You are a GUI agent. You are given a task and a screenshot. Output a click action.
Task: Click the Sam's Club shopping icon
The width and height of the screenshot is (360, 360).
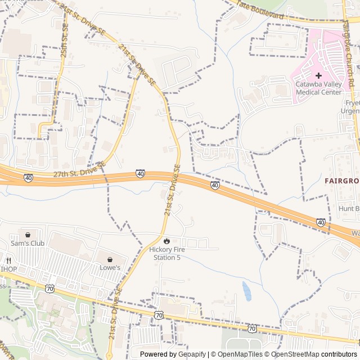click(x=27, y=234)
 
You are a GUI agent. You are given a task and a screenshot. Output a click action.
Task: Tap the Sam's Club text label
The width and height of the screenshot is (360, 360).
click(x=27, y=244)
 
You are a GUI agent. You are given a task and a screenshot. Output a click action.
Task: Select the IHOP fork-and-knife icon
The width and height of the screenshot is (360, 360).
click(x=8, y=260)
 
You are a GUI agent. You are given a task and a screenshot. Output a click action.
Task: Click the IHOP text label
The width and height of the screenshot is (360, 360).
click(x=8, y=269)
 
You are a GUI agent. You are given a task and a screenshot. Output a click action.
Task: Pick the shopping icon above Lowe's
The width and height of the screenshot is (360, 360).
click(x=110, y=259)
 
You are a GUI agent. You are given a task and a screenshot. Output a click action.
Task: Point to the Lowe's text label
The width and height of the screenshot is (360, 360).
click(x=110, y=268)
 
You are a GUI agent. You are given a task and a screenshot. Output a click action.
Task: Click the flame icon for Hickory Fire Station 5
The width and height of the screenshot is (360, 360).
click(x=167, y=241)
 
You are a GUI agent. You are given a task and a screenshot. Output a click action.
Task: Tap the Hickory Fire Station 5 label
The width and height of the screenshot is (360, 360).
click(x=167, y=253)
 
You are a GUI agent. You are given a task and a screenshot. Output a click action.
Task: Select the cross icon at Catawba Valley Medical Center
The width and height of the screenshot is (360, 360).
click(x=318, y=75)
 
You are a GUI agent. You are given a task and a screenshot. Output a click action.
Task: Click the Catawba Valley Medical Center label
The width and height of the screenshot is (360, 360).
click(x=318, y=88)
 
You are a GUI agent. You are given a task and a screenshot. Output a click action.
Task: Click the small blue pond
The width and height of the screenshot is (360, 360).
click(x=246, y=291)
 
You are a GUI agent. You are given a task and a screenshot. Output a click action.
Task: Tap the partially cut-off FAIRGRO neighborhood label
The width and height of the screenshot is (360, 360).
click(x=341, y=181)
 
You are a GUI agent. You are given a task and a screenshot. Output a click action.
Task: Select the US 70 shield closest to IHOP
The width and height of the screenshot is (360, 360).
click(x=50, y=289)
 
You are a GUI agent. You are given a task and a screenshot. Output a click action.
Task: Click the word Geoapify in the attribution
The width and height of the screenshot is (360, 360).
click(x=192, y=354)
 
